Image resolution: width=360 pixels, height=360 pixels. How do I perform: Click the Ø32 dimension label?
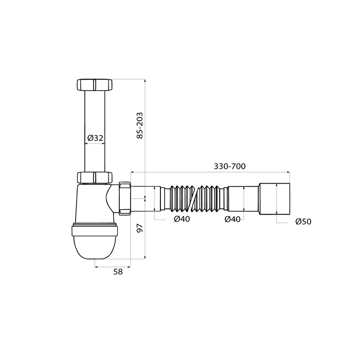point(95,138)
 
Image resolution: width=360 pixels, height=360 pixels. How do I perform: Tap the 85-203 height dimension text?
point(139,125)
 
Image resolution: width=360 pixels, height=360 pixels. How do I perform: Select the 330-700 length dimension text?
point(229,166)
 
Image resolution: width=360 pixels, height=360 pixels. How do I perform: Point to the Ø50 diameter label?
point(303,222)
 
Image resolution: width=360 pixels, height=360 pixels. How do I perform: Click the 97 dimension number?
point(139,228)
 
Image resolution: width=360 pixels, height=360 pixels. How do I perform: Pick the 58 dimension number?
point(118,272)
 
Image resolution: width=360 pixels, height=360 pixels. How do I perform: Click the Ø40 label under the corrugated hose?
point(182,219)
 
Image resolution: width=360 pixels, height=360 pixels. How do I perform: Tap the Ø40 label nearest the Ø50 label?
point(232,219)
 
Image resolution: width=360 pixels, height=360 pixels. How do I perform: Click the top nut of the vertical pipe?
point(94,85)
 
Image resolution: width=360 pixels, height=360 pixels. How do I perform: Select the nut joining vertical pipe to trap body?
point(94,177)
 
